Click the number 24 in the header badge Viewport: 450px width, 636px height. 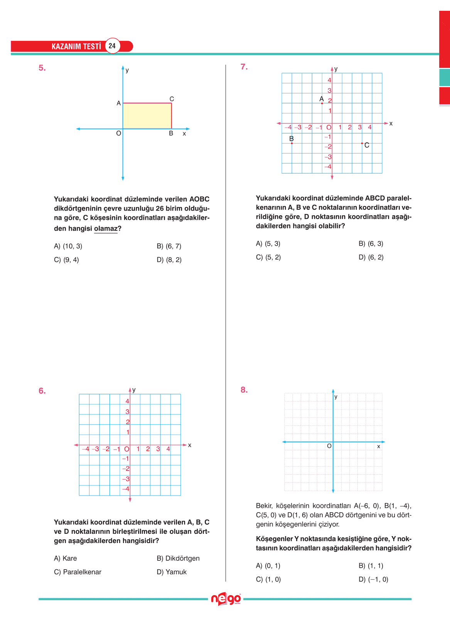(x=112, y=46)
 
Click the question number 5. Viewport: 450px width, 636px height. (x=42, y=68)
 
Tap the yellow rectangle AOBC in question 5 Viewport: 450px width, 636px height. (x=147, y=116)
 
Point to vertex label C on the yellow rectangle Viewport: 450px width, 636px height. (x=172, y=99)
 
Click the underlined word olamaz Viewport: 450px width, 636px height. (x=106, y=229)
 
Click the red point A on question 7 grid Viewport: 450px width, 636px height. (x=322, y=103)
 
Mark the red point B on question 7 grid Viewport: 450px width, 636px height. (x=292, y=143)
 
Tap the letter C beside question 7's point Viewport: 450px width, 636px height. (x=367, y=145)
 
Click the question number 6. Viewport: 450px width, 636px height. (x=42, y=391)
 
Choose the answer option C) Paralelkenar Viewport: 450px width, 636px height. (x=78, y=572)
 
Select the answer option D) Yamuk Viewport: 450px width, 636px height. (x=172, y=572)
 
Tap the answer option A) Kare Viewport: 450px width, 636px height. (x=65, y=558)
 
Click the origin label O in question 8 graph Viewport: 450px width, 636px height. (x=329, y=446)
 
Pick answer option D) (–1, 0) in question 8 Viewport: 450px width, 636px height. (x=373, y=579)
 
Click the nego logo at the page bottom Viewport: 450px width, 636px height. (x=226, y=599)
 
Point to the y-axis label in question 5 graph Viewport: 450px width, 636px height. (x=127, y=71)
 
